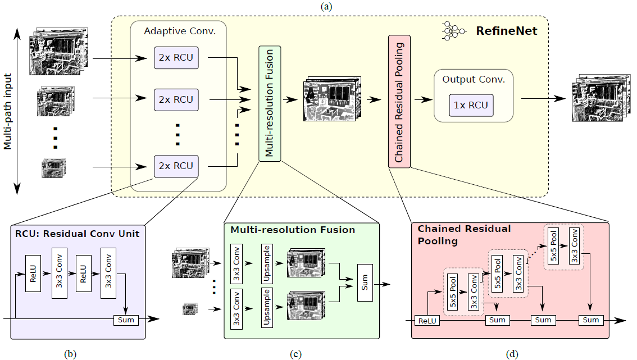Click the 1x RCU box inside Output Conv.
point(471,105)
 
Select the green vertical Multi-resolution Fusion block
point(269,103)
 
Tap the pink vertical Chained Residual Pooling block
point(399,101)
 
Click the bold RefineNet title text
point(504,31)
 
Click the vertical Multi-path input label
point(8,112)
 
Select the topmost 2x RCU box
point(175,57)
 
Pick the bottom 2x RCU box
point(175,166)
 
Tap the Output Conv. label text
point(474,79)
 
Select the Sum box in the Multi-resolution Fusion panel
point(365,285)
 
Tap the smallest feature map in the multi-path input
point(53,167)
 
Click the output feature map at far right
point(598,98)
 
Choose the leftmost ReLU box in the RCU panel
point(34,272)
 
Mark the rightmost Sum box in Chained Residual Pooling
point(591,320)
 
